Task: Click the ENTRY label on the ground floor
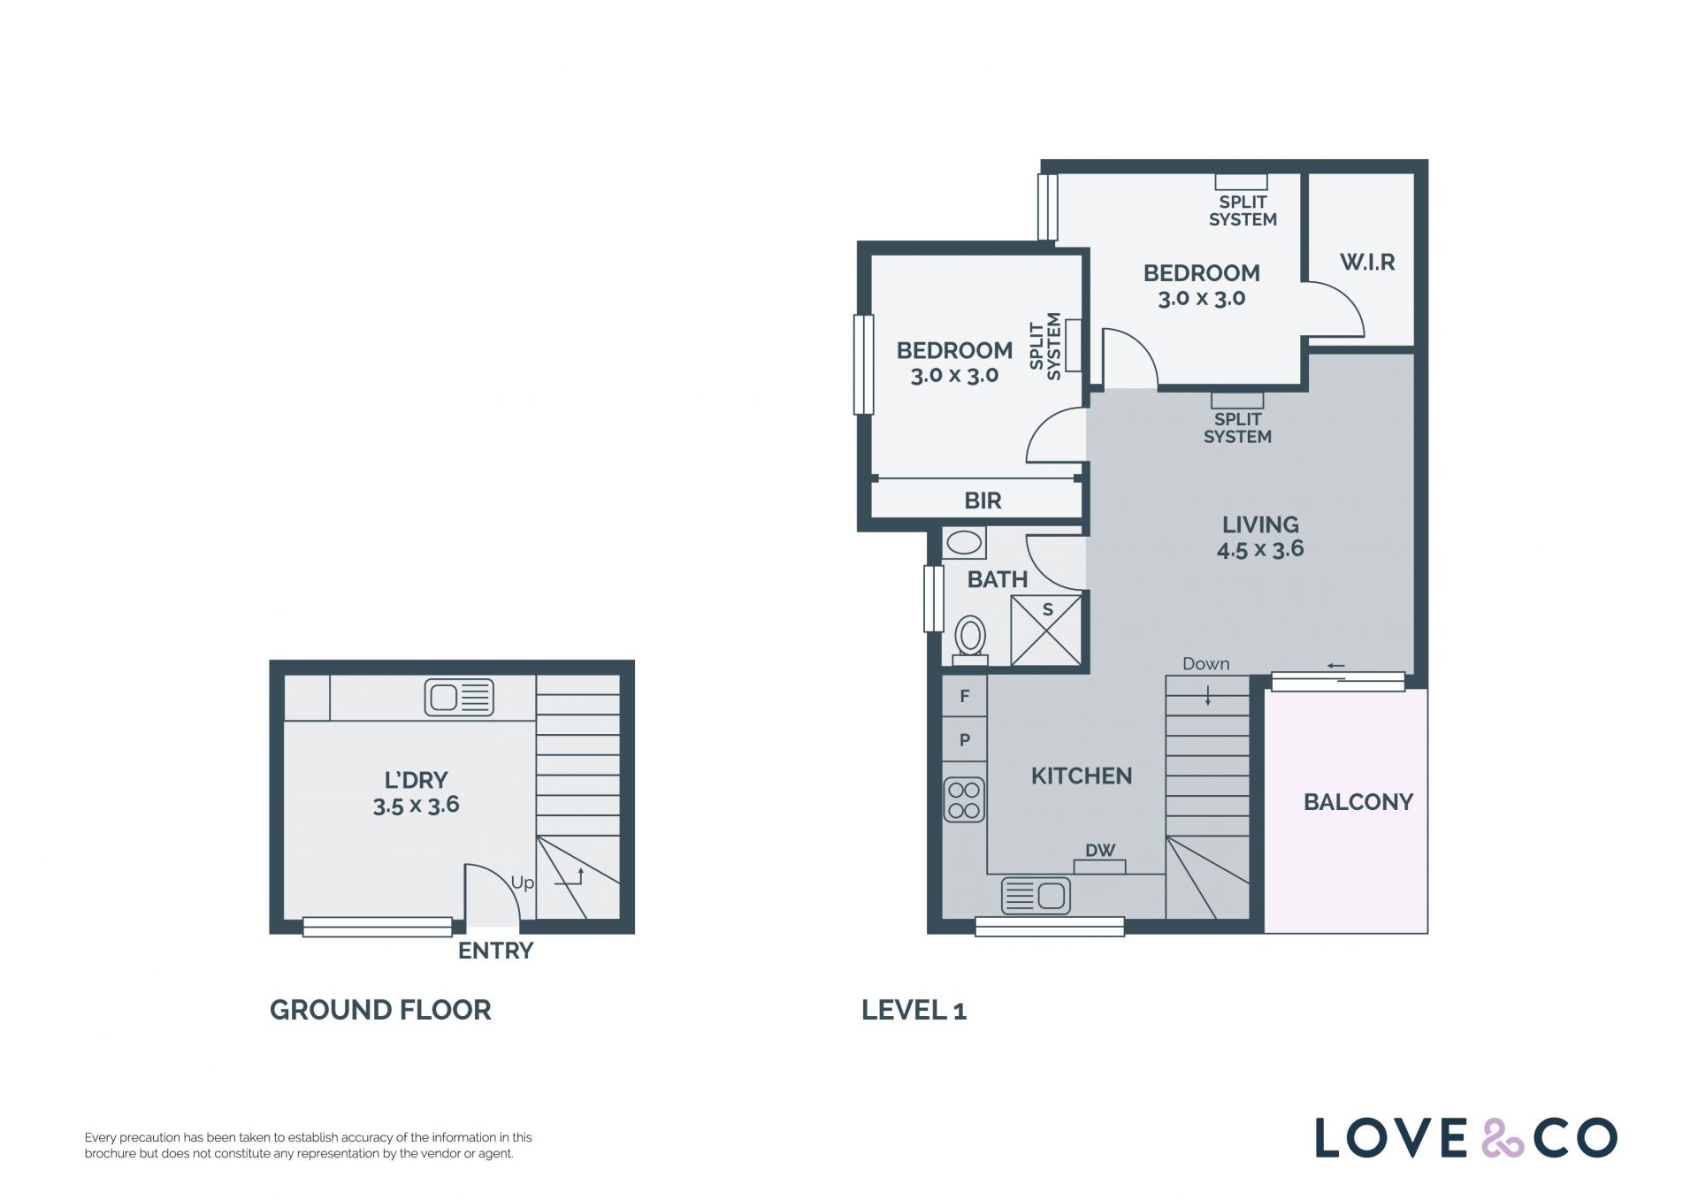[x=495, y=951]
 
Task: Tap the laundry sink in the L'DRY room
[x=459, y=698]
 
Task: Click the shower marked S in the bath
[x=1046, y=630]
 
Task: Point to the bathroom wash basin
[x=963, y=542]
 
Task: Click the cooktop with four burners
[x=964, y=799]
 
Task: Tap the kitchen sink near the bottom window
[x=1036, y=896]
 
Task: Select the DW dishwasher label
[x=1100, y=851]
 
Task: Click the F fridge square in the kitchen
[x=965, y=696]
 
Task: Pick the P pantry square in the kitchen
[x=965, y=739]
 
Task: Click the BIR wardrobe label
[x=983, y=501]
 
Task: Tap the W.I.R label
[x=1367, y=262]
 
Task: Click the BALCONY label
[x=1358, y=802]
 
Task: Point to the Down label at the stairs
[x=1206, y=664]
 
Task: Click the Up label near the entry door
[x=523, y=883]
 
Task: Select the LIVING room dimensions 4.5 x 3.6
[x=1260, y=549]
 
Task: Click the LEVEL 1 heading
[x=914, y=1010]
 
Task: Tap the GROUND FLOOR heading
[x=380, y=1010]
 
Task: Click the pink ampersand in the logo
[x=1503, y=1138]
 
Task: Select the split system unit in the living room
[x=1237, y=400]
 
